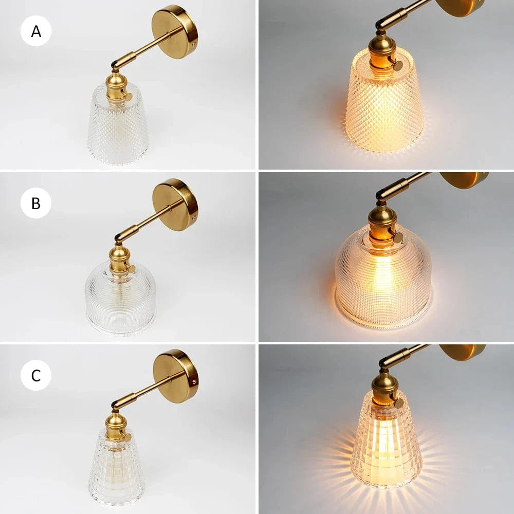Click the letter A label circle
[36, 31]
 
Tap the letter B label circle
[36, 203]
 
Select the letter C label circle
[36, 375]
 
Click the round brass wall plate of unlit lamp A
[175, 32]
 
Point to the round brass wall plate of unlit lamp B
[175, 205]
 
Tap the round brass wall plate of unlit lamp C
[176, 376]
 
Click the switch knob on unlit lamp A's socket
[128, 96]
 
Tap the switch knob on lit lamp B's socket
[398, 237]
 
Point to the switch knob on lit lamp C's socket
[399, 403]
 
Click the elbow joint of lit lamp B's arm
[383, 194]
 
